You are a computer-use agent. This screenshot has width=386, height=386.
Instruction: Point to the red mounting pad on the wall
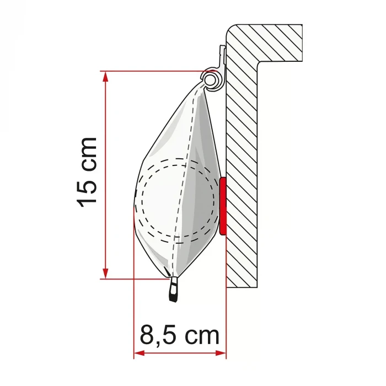(223, 205)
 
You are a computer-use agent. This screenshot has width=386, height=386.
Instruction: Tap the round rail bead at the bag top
(211, 79)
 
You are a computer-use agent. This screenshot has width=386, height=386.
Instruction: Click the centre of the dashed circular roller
(177, 200)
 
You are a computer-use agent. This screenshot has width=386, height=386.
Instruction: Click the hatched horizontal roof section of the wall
(270, 41)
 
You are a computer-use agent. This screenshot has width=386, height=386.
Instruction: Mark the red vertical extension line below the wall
(226, 320)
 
